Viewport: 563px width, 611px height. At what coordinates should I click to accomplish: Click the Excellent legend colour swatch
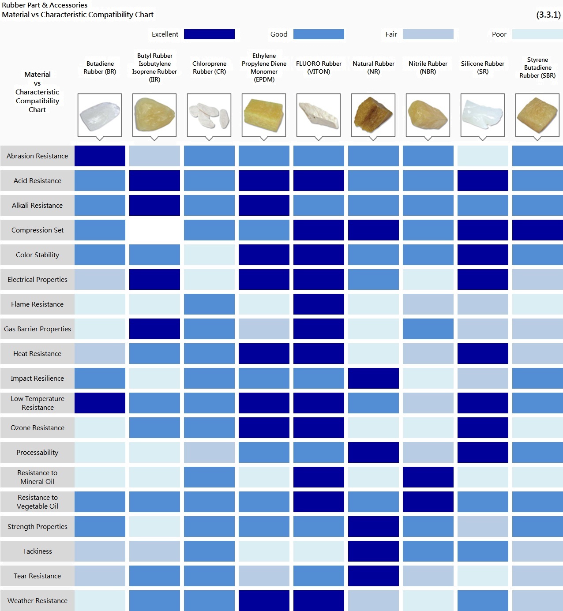[x=209, y=34]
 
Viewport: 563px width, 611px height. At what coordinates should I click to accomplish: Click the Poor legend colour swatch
[x=537, y=34]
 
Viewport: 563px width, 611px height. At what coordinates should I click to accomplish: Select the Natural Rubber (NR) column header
[x=373, y=67]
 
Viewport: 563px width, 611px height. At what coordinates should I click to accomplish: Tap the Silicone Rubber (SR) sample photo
[x=482, y=115]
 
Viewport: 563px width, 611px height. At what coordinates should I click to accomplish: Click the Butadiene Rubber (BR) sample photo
[x=100, y=115]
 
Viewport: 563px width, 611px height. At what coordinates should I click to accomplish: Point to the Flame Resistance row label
[x=38, y=304]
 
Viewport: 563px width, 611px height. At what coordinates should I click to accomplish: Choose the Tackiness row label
[x=38, y=551]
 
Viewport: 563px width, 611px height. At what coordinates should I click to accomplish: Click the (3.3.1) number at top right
[x=548, y=15]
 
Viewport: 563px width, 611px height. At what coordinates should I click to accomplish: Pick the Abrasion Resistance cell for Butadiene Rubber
[x=100, y=156]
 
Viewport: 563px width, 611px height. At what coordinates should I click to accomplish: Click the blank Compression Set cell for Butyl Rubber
[x=154, y=230]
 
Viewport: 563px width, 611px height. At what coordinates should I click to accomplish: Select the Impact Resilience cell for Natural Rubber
[x=373, y=379]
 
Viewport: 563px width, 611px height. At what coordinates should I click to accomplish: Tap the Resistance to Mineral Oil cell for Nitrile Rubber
[x=428, y=477]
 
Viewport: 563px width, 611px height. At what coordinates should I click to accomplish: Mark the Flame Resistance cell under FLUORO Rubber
[x=319, y=304]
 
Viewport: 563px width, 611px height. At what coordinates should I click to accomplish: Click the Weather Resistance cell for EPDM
[x=264, y=601]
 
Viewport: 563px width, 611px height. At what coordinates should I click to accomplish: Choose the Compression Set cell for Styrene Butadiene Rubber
[x=537, y=230]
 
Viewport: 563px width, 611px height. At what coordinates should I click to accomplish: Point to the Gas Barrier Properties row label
[x=38, y=329]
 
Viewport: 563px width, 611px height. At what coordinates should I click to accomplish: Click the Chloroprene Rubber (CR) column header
[x=209, y=67]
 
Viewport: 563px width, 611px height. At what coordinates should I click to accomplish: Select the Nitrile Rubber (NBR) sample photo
[x=428, y=115]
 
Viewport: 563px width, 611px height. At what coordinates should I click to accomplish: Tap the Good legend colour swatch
[x=319, y=34]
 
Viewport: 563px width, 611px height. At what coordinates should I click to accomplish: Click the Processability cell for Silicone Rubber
[x=483, y=453]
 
